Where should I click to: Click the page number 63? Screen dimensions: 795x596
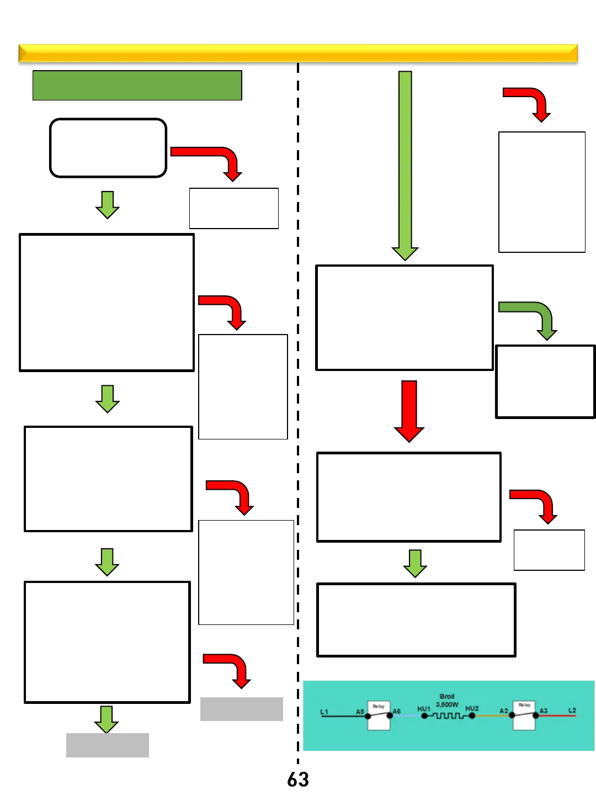[x=298, y=780]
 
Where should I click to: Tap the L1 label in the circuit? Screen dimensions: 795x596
[x=324, y=712]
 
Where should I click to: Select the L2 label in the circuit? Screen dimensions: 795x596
[x=572, y=710]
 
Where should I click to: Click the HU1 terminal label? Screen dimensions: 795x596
[x=423, y=708]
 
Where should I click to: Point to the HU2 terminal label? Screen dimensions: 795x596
[x=472, y=708]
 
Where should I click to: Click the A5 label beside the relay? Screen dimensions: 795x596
[x=360, y=712]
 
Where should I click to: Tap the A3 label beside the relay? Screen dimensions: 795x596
[x=544, y=711]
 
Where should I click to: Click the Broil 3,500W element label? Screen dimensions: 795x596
[x=447, y=701]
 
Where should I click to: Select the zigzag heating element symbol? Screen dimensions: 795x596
[x=448, y=717]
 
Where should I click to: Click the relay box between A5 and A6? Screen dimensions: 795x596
[x=379, y=716]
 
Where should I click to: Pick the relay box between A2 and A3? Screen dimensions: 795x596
[x=524, y=716]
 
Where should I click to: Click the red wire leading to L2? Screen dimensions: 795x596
[x=557, y=715]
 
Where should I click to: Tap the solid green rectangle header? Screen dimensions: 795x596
[x=137, y=86]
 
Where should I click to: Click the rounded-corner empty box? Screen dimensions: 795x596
[x=108, y=148]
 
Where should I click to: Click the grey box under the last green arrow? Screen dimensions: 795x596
[x=108, y=745]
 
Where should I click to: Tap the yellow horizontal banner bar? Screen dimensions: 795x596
[x=298, y=54]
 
